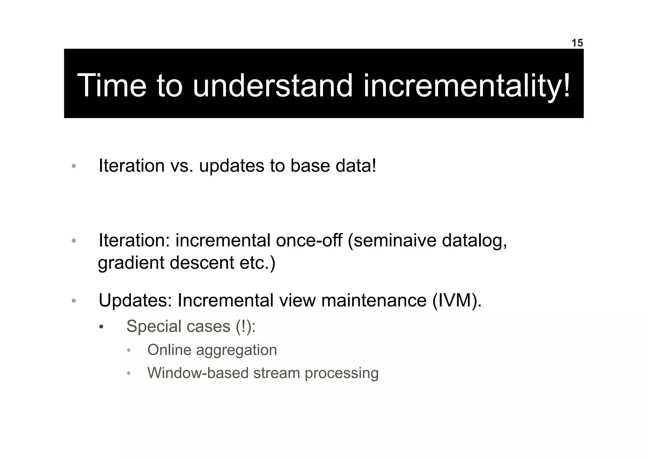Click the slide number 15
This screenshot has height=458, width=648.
pyautogui.click(x=577, y=43)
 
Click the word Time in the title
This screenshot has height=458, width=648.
pyautogui.click(x=112, y=85)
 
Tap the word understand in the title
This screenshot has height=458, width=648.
pyautogui.click(x=272, y=85)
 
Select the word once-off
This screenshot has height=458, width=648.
pyautogui.click(x=309, y=241)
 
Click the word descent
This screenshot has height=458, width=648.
pyautogui.click(x=202, y=263)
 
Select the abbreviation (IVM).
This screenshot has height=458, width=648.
pyautogui.click(x=457, y=300)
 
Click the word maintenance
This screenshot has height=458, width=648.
pyautogui.click(x=374, y=300)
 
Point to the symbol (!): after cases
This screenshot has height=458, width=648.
pyautogui.click(x=246, y=326)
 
